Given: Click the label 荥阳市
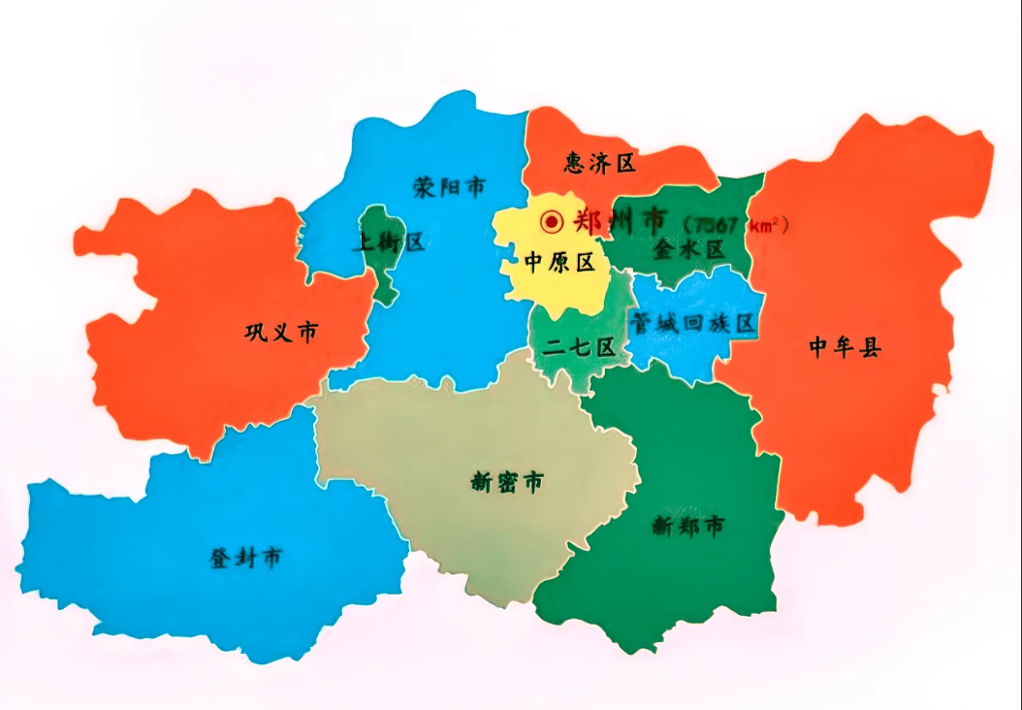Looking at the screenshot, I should pos(448,186).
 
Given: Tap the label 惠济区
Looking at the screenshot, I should pos(600,163).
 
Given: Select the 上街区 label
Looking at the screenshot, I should pos(388,242).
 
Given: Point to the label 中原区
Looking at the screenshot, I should pos(559,262).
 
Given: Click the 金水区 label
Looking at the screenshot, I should pos(688,249).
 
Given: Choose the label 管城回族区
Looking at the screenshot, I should pos(692,324).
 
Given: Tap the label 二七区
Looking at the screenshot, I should pos(579,347).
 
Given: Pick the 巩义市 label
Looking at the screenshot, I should pos(281,333).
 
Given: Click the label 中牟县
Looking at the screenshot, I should pos(845,347).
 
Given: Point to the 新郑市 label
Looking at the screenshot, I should pos(687,527).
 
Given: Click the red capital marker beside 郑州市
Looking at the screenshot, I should pos(552,222).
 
